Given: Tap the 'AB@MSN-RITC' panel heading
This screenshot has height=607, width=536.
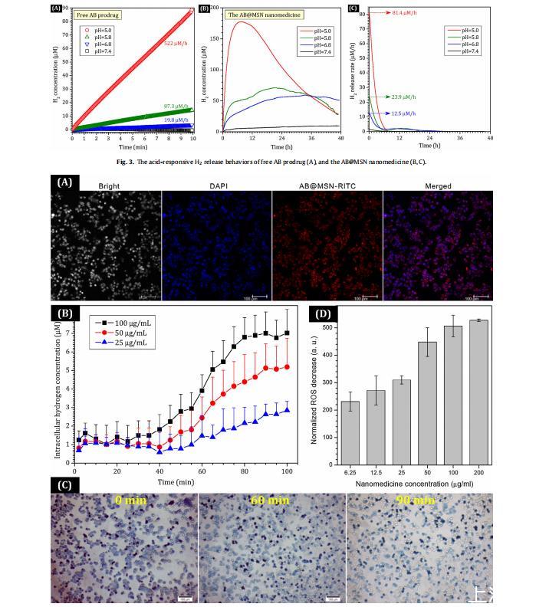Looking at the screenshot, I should [327, 186].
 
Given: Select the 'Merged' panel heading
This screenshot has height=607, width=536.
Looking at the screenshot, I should [439, 186].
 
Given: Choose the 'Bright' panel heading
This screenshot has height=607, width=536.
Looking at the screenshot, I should [106, 186].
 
